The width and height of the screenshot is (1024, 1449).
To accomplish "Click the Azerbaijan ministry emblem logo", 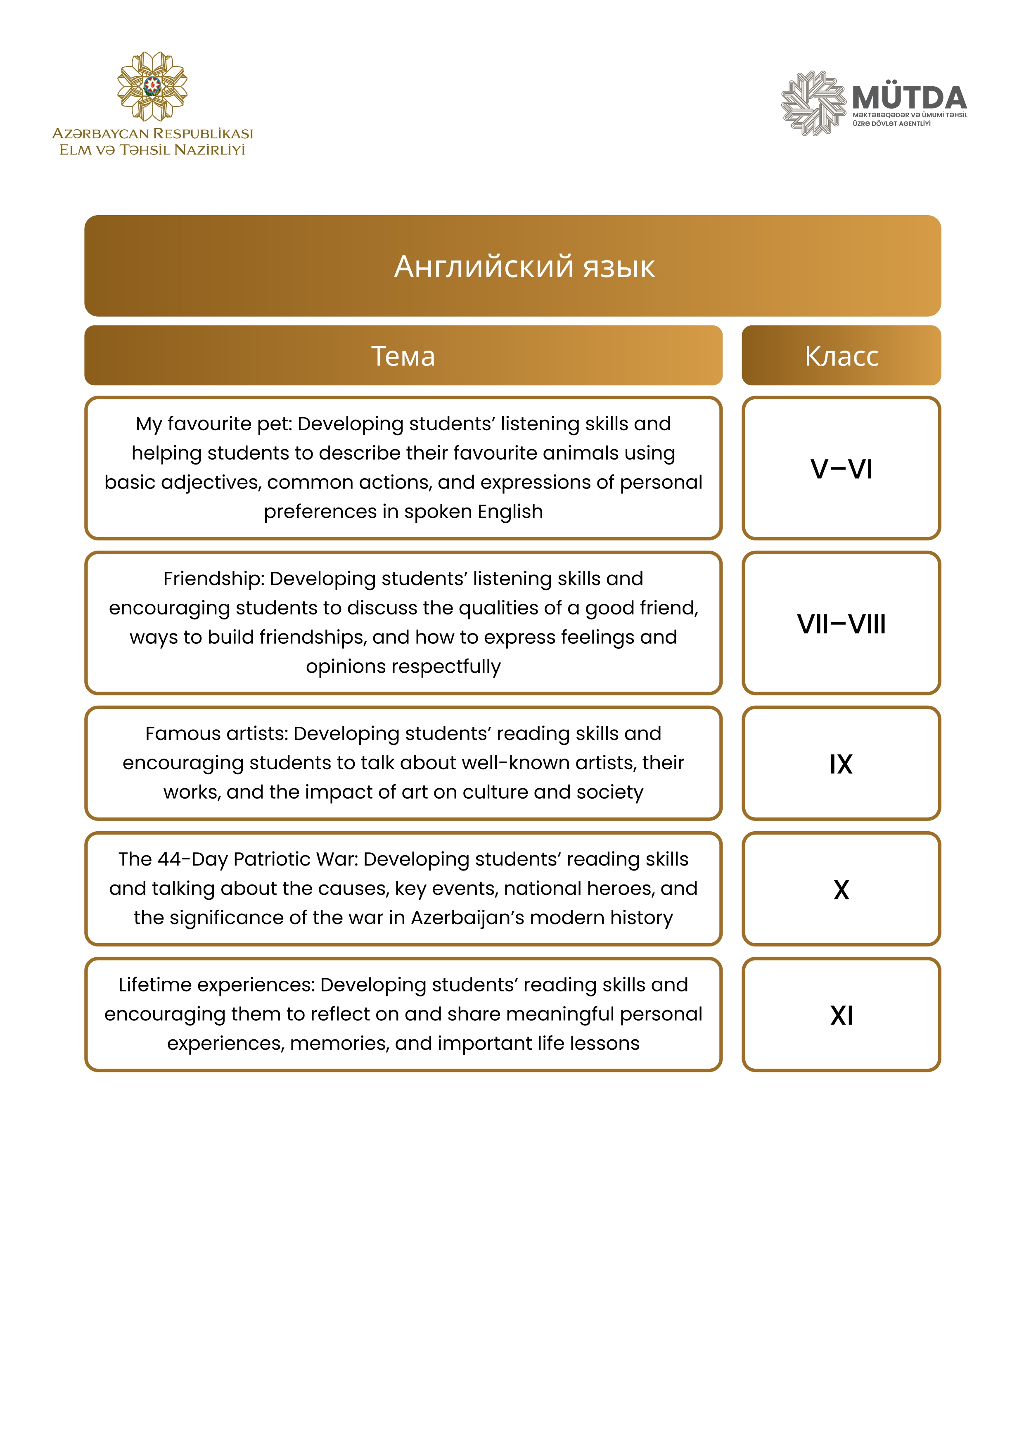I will coord(152,86).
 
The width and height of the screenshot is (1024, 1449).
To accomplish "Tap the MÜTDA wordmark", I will coord(908,98).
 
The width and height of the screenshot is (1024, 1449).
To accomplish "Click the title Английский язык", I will coord(524,266).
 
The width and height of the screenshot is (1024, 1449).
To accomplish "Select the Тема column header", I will coord(403,356).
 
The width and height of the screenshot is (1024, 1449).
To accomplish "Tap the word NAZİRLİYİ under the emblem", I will coord(209,150).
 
